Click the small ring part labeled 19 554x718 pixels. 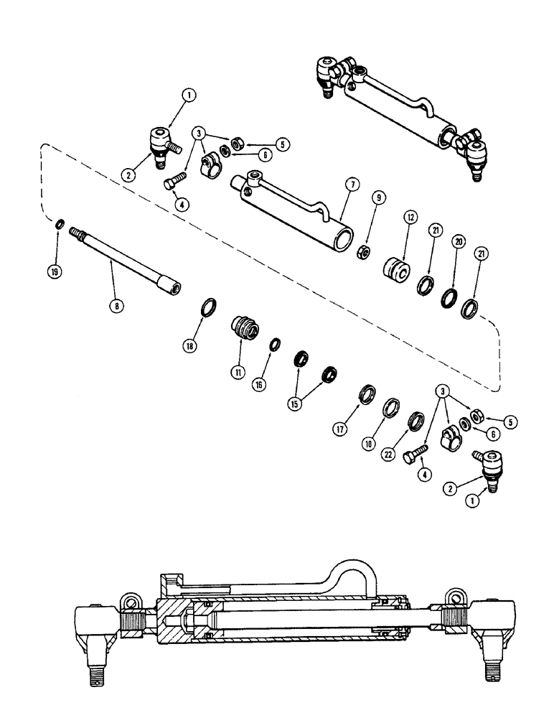[x=60, y=228]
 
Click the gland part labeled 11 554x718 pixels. [x=241, y=330]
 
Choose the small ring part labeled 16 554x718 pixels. [x=273, y=345]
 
